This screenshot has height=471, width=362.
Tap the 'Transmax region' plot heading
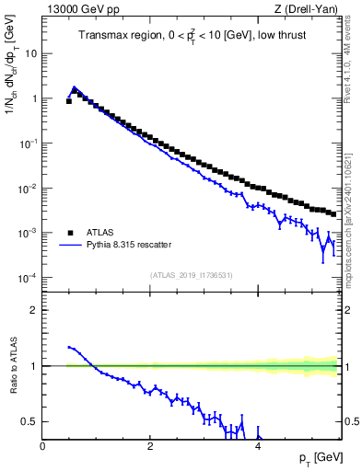click(x=193, y=36)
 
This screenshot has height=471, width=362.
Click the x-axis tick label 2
click(x=150, y=447)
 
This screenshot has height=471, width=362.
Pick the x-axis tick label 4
click(x=257, y=447)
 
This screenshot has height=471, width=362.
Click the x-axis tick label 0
click(x=43, y=447)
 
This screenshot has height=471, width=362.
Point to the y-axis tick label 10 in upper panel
click(x=31, y=53)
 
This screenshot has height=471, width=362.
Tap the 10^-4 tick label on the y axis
click(x=29, y=278)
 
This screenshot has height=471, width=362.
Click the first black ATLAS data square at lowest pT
click(x=69, y=101)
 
